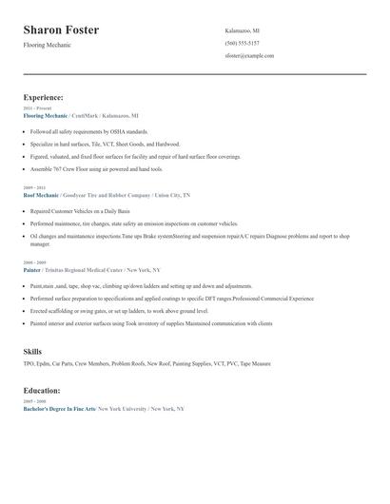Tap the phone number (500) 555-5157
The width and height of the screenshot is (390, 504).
[242, 43]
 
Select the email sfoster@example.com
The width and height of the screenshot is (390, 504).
[249, 56]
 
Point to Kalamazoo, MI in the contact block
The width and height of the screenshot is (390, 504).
[242, 30]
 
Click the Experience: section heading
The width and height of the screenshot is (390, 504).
[44, 97]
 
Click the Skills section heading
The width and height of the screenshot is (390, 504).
[32, 352]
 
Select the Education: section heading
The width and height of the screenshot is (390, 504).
[42, 390]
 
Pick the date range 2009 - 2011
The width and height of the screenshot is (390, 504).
[33, 188]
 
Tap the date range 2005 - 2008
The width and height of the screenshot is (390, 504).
[33, 262]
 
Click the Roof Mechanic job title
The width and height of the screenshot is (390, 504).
[42, 195]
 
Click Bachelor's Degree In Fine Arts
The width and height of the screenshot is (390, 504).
[59, 408]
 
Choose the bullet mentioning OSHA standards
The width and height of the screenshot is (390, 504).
[88, 131]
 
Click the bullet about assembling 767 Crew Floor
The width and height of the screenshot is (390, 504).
[96, 168]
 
